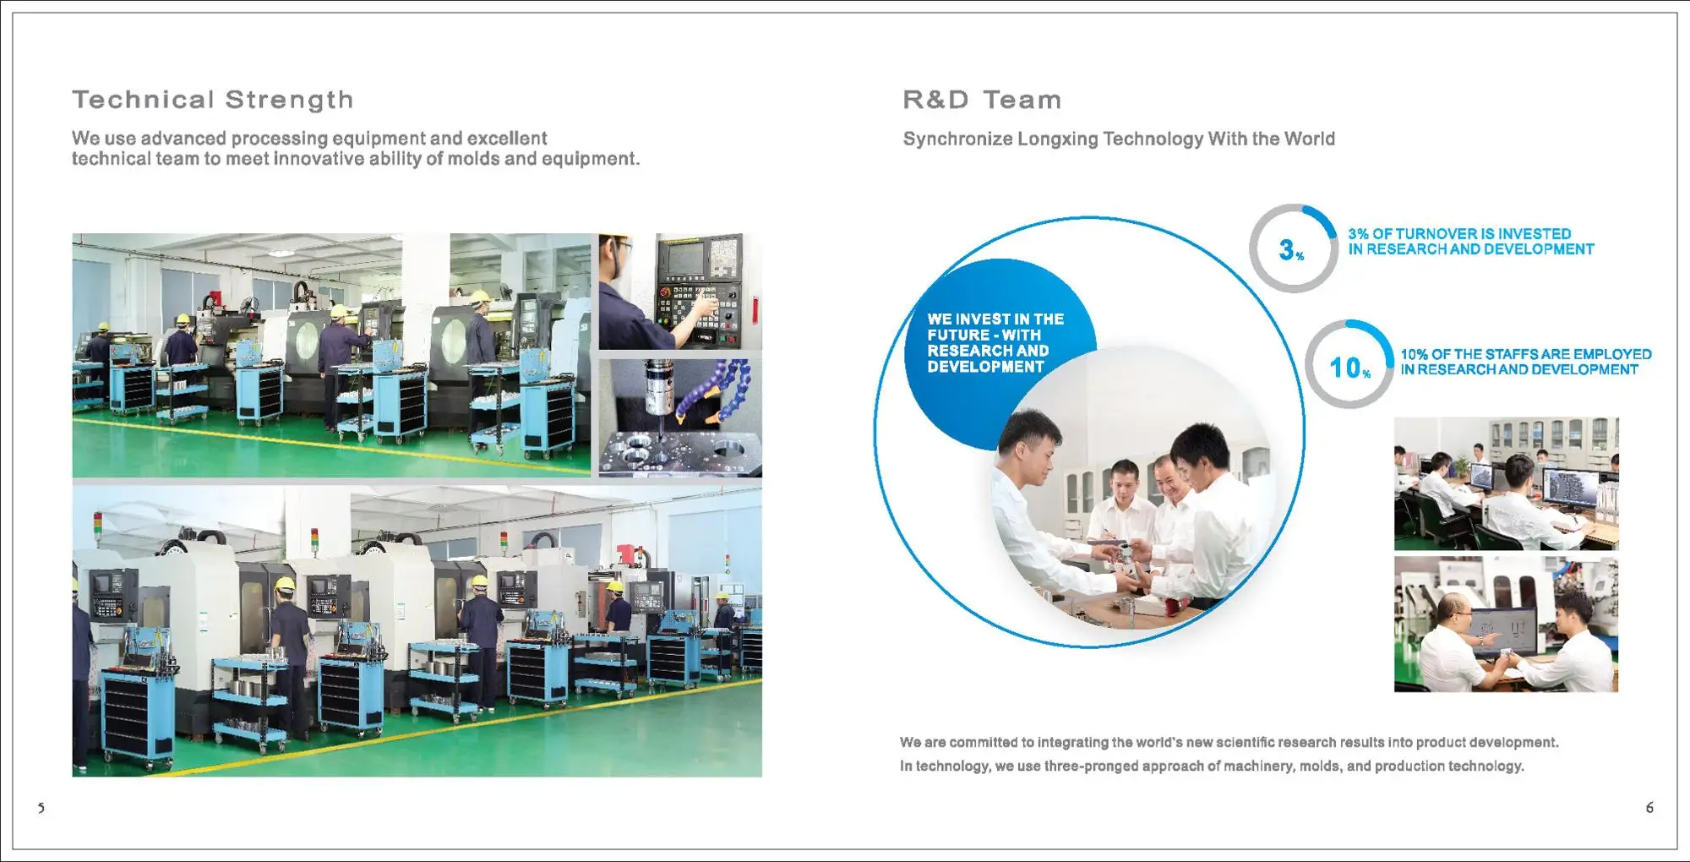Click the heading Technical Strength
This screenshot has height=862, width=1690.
point(213,100)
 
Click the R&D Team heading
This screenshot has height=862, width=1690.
point(982,100)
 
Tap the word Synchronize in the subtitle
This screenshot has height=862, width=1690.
point(957,139)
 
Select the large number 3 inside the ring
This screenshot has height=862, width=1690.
point(1286,249)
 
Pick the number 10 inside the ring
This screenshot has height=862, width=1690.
point(1344,368)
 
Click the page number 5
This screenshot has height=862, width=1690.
point(41,808)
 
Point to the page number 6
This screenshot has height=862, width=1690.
point(1649,807)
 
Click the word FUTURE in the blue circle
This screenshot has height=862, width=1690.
point(959,335)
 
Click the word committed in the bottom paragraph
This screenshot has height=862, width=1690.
point(984,742)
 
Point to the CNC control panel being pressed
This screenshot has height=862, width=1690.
point(701,290)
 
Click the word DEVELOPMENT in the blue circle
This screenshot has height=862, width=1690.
point(985,367)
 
